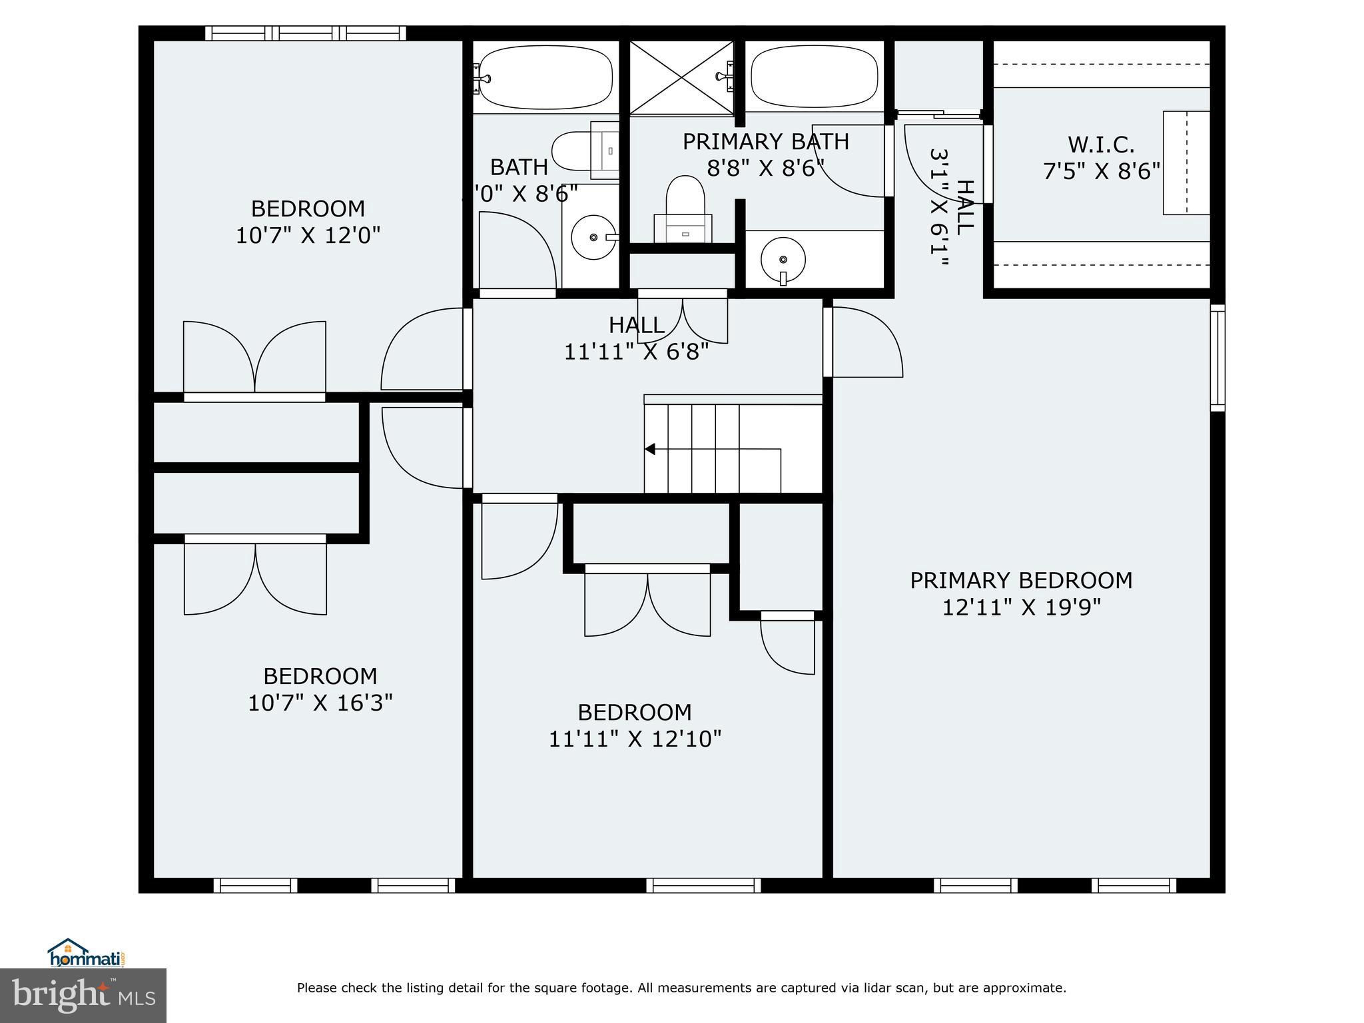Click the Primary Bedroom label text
pyautogui.click(x=1020, y=580)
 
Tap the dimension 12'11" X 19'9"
pyautogui.click(x=1020, y=607)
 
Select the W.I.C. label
pyautogui.click(x=1100, y=145)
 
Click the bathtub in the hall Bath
pyautogui.click(x=545, y=79)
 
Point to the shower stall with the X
pyautogui.click(x=681, y=77)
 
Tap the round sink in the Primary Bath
pyautogui.click(x=783, y=259)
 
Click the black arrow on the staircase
pyautogui.click(x=650, y=450)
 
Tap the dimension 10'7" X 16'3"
pyautogui.click(x=320, y=703)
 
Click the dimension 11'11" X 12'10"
pyautogui.click(x=634, y=739)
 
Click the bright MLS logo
pyautogui.click(x=83, y=995)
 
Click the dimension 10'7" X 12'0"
pyautogui.click(x=308, y=235)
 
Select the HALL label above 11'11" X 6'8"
pyautogui.click(x=636, y=325)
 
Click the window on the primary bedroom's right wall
pyautogui.click(x=1217, y=357)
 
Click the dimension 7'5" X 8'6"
pyautogui.click(x=1101, y=172)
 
